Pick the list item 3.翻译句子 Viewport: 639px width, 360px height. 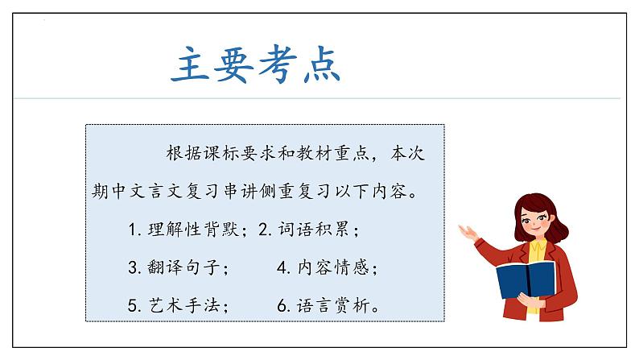179,267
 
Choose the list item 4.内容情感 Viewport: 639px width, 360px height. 327,267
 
